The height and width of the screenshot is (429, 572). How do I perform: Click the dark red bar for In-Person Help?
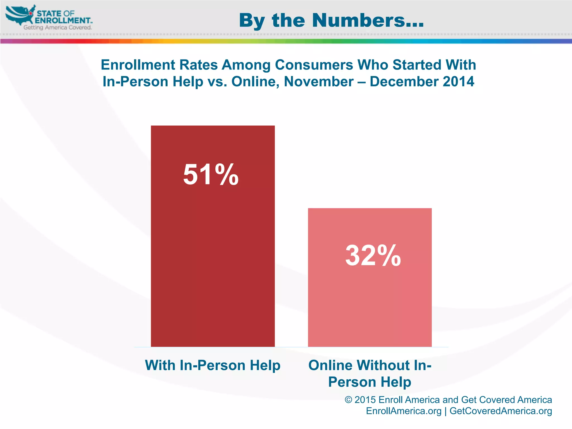tap(213, 251)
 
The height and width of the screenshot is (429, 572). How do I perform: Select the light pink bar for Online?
tap(370, 302)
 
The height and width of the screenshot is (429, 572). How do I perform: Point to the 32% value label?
tap(373, 255)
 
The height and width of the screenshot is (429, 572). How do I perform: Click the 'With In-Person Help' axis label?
tap(213, 365)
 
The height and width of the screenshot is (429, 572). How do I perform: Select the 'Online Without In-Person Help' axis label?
tap(370, 373)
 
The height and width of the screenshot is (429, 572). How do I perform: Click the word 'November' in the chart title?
tap(319, 82)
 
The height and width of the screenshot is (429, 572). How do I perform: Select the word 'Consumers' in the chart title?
tap(314, 65)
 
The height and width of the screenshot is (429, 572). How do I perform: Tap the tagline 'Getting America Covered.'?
tap(58, 27)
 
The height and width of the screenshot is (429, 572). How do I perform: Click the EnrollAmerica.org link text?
tap(404, 411)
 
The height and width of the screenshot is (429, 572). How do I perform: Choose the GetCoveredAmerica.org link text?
tap(500, 411)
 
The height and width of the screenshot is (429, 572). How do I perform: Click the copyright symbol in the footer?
tap(348, 400)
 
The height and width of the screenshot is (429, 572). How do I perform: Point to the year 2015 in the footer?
tap(365, 400)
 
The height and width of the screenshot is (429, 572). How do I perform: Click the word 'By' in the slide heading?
tap(252, 21)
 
